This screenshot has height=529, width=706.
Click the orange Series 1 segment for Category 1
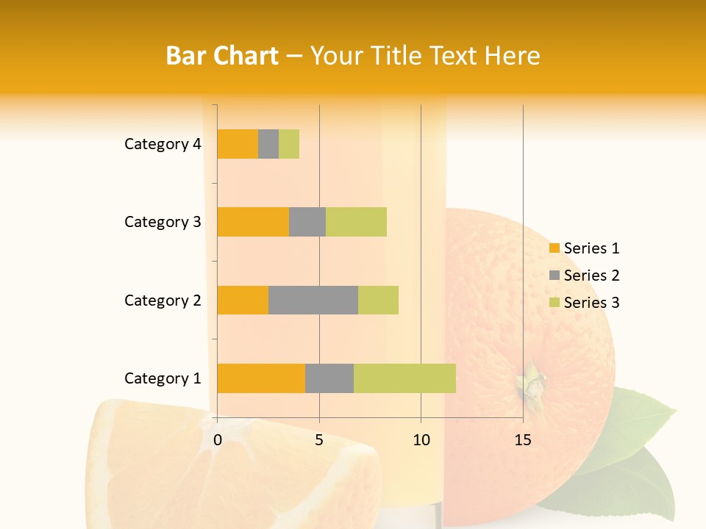(x=261, y=378)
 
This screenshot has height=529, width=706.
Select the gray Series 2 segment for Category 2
(x=313, y=300)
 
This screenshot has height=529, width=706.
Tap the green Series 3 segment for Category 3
(x=356, y=222)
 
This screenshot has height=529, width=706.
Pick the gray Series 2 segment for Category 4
(x=268, y=144)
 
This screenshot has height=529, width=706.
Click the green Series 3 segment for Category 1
(x=404, y=378)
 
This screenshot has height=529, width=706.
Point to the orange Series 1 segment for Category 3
(x=253, y=222)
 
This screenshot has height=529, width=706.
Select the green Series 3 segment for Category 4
(x=289, y=144)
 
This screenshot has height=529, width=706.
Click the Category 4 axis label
(x=163, y=144)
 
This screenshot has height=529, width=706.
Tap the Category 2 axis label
(x=163, y=300)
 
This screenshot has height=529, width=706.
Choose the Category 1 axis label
(x=163, y=378)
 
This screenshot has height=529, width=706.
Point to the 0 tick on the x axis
(x=218, y=440)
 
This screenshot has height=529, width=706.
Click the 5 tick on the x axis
(x=319, y=440)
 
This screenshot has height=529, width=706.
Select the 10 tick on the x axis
(x=421, y=440)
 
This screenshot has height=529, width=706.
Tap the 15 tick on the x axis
(x=522, y=440)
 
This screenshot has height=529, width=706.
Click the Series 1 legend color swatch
(x=554, y=248)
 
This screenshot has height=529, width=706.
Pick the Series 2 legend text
(x=591, y=276)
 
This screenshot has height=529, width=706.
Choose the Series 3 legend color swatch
(x=554, y=303)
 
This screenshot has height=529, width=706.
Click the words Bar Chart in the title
(x=222, y=56)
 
